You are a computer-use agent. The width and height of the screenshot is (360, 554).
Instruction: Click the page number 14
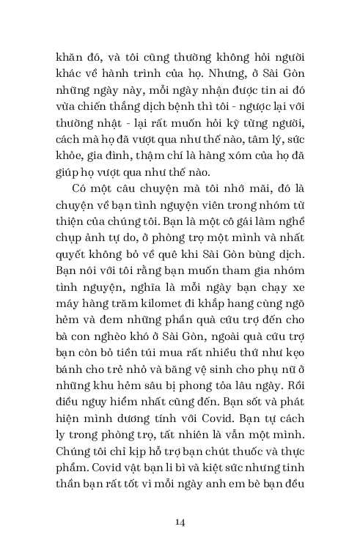180,522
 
